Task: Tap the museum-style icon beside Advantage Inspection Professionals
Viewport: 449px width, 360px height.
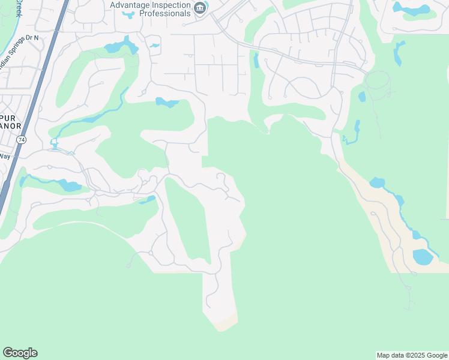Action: (x=200, y=8)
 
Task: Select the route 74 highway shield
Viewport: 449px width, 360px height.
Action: (x=21, y=139)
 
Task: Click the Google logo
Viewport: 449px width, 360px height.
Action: (x=20, y=353)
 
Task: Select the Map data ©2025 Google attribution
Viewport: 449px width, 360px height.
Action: (x=411, y=355)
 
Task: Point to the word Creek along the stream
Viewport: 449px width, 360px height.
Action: (x=18, y=7)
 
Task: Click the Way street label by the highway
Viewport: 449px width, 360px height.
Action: (x=5, y=156)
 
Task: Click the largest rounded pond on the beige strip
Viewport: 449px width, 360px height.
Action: (x=423, y=257)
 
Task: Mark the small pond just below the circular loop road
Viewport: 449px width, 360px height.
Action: (x=362, y=97)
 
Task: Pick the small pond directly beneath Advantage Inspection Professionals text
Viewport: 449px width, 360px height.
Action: (x=129, y=14)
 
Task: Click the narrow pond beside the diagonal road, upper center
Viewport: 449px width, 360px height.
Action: (x=256, y=61)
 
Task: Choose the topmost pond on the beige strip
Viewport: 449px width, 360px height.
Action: (x=377, y=182)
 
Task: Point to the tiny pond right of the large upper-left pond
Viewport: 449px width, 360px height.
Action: (x=155, y=45)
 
